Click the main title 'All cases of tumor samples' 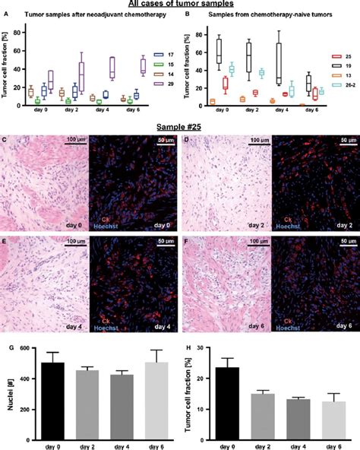[180, 5]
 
